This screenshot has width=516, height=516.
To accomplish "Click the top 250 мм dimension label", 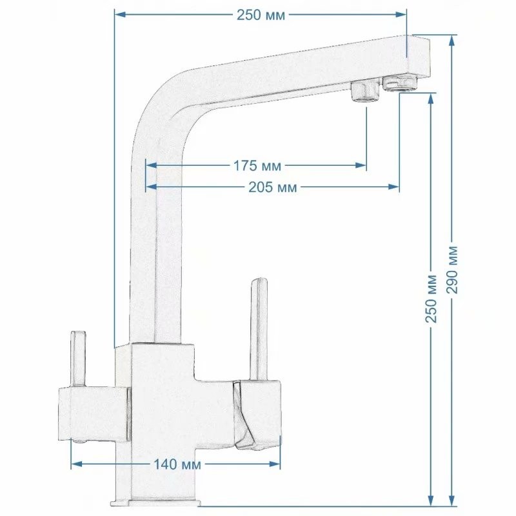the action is coord(261,15).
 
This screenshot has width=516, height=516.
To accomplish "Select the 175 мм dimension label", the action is coord(257,166).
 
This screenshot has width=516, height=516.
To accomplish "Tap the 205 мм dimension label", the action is coord(272,187).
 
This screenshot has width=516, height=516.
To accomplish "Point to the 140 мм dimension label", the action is coord(177,464).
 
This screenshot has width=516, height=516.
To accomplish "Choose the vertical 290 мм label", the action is coord(453,269).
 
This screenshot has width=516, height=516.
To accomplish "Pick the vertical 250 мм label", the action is coord(431,299).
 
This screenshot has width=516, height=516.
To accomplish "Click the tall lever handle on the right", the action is coord(259,330).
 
